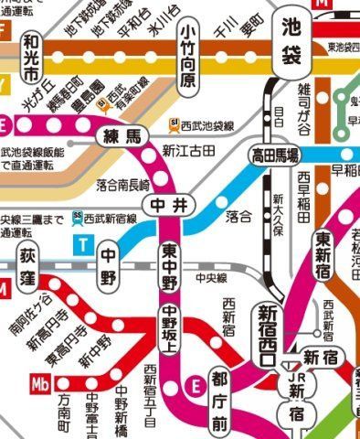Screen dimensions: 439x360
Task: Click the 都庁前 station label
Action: [220, 400]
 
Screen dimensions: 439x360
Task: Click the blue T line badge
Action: [85, 243]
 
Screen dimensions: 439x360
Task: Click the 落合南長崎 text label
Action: [123, 187]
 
